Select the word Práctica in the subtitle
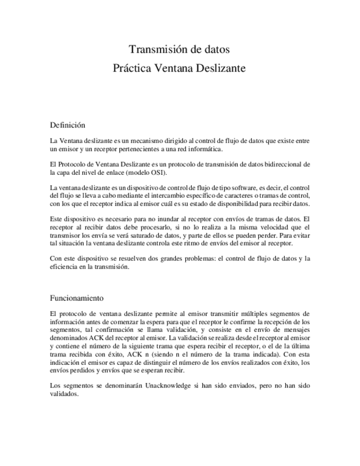(131, 70)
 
